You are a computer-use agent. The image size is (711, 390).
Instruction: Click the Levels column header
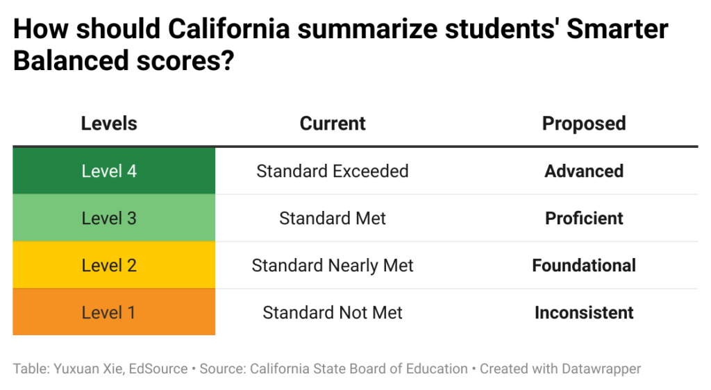(x=109, y=124)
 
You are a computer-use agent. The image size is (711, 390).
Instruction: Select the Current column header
(x=333, y=124)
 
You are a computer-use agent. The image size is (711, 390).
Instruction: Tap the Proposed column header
(x=584, y=124)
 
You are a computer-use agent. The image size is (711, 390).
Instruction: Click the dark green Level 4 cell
(x=114, y=171)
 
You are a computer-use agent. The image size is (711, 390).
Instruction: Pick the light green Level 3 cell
(x=114, y=218)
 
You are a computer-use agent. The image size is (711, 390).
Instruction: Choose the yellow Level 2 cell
(x=114, y=265)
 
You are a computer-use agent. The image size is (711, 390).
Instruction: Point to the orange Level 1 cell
(x=114, y=312)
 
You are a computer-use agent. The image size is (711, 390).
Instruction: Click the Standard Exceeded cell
(x=333, y=171)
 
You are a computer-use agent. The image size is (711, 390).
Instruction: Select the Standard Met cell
(x=333, y=218)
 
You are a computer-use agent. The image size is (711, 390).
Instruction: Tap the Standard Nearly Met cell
(x=333, y=265)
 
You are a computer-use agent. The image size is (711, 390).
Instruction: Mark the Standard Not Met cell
(x=333, y=312)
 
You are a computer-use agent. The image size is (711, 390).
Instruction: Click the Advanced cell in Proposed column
(x=584, y=171)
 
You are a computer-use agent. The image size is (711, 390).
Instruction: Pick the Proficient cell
(x=584, y=218)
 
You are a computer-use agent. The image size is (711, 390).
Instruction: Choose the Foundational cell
(x=584, y=265)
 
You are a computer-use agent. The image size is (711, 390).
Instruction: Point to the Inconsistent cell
(x=584, y=312)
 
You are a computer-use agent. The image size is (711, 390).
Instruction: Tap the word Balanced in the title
(x=60, y=61)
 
